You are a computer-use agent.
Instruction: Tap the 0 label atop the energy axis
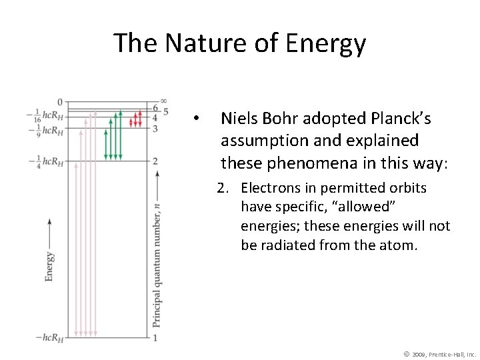click(x=59, y=102)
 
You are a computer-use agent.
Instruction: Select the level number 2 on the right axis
click(x=155, y=161)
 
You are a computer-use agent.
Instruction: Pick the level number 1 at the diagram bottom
click(x=155, y=338)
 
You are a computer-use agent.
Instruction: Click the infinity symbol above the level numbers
click(x=164, y=101)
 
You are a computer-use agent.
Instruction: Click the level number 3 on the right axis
click(x=155, y=128)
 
